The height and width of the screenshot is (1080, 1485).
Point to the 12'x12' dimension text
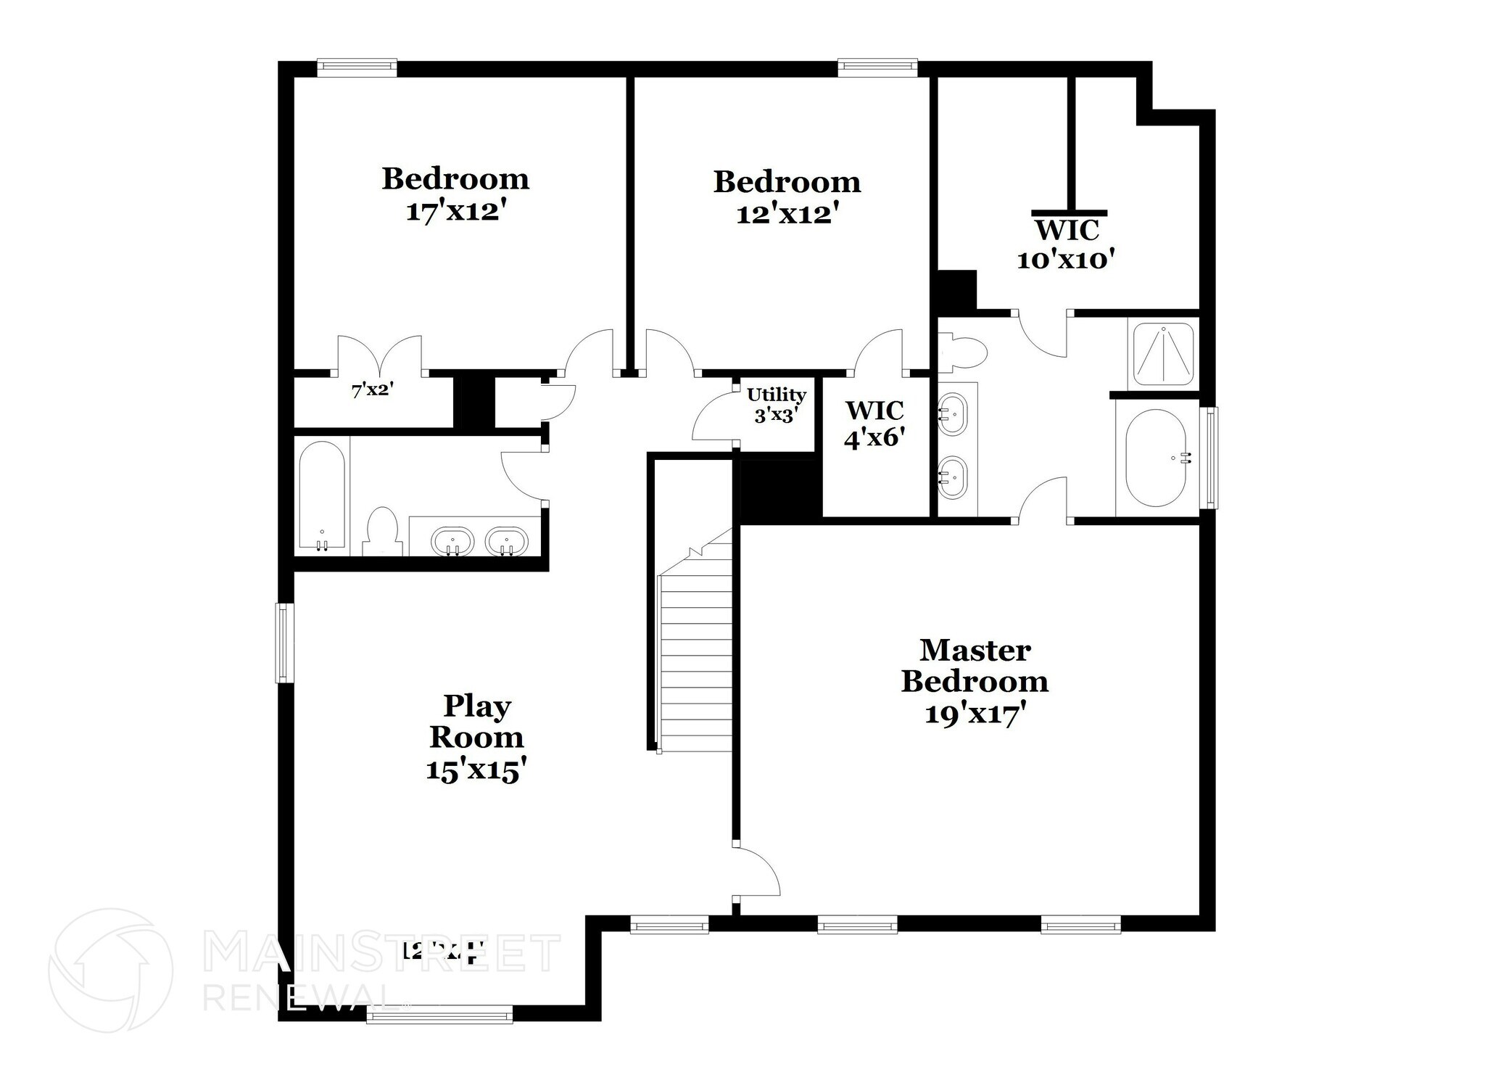pyautogui.click(x=787, y=213)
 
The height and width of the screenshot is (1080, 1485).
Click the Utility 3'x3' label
pyautogui.click(x=777, y=405)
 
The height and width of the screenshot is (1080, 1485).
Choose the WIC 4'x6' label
pyautogui.click(x=875, y=424)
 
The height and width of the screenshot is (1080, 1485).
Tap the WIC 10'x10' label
pyautogui.click(x=1065, y=245)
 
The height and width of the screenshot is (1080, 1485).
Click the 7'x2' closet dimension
pyautogui.click(x=372, y=391)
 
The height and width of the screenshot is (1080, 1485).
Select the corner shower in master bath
pyautogui.click(x=1163, y=353)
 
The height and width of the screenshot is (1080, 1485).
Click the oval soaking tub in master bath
pyautogui.click(x=1156, y=458)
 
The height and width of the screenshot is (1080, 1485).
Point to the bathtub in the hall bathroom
pyautogui.click(x=322, y=496)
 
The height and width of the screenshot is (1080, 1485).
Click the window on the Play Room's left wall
pyautogui.click(x=285, y=643)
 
